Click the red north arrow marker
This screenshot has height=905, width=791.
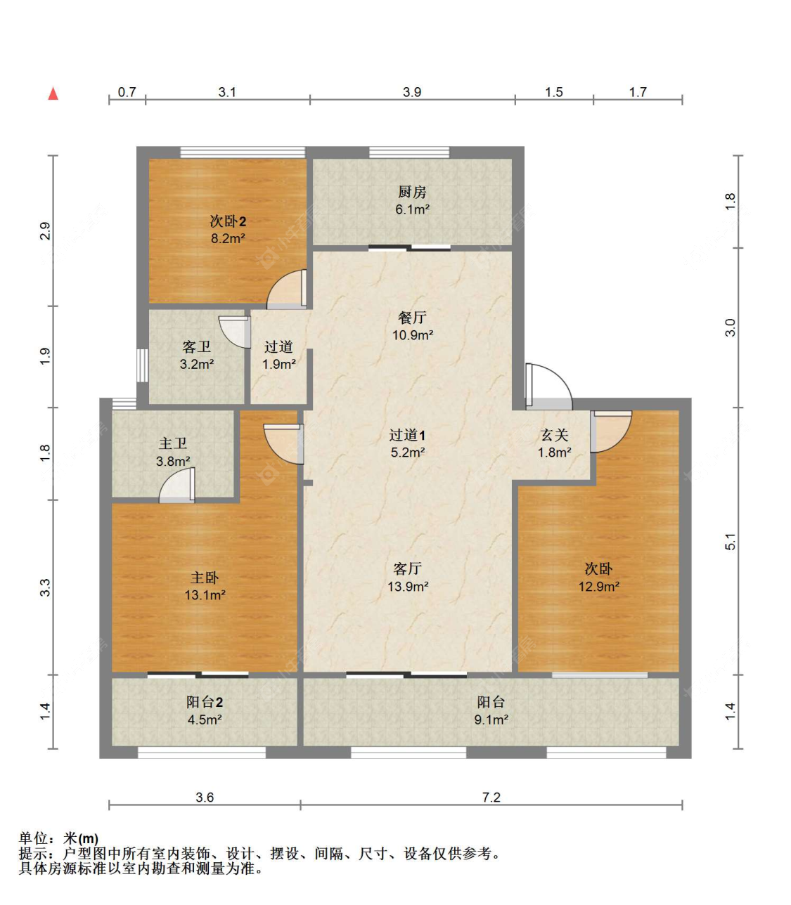(x=53, y=93)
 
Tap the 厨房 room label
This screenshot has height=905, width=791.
(x=412, y=192)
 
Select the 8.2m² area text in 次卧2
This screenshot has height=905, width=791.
(x=228, y=239)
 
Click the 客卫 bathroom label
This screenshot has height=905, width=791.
(x=196, y=347)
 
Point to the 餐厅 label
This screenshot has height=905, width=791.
(x=412, y=318)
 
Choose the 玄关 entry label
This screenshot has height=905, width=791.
(x=554, y=436)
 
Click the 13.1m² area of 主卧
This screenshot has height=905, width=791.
(x=205, y=595)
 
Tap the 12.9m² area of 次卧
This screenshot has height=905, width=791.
(x=598, y=587)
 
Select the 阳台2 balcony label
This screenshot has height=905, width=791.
(x=205, y=702)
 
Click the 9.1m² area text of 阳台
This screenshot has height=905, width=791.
(x=491, y=720)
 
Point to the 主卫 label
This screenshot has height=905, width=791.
(x=173, y=443)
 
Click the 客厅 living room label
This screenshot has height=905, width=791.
(x=408, y=568)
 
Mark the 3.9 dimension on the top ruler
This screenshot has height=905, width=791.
(x=412, y=92)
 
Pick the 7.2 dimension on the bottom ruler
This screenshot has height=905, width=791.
(x=491, y=797)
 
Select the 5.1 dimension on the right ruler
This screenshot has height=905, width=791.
(x=731, y=542)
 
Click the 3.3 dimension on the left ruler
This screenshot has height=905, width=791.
(x=45, y=587)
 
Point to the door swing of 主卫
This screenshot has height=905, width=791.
(x=177, y=487)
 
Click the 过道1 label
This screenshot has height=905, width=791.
(x=408, y=436)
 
